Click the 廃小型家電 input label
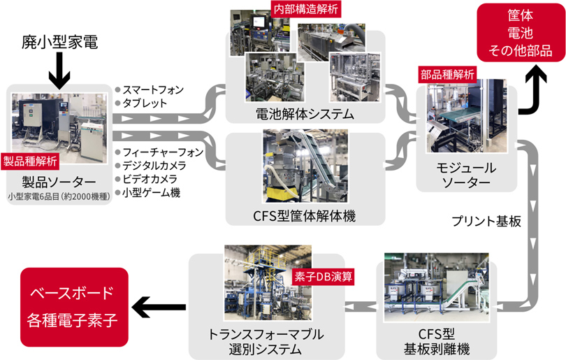(59, 44)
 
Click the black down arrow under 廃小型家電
(59, 71)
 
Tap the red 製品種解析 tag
(32, 161)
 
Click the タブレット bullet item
(145, 103)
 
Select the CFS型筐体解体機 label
(305, 216)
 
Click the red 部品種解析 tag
(447, 73)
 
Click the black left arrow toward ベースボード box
(159, 305)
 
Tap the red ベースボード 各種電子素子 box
(74, 306)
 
